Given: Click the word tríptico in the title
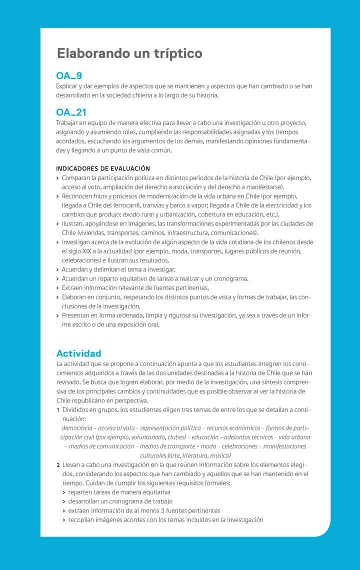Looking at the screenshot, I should [x=173, y=53].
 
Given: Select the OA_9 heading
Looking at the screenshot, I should [x=69, y=76].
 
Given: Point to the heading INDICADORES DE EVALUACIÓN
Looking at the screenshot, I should [x=103, y=168].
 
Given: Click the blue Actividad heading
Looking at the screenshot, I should [x=78, y=353].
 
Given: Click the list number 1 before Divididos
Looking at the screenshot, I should [x=58, y=410].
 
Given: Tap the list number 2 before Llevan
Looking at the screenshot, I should [x=58, y=464].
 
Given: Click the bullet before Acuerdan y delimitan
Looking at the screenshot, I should [x=58, y=269].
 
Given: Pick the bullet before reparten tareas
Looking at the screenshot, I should [x=64, y=492].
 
